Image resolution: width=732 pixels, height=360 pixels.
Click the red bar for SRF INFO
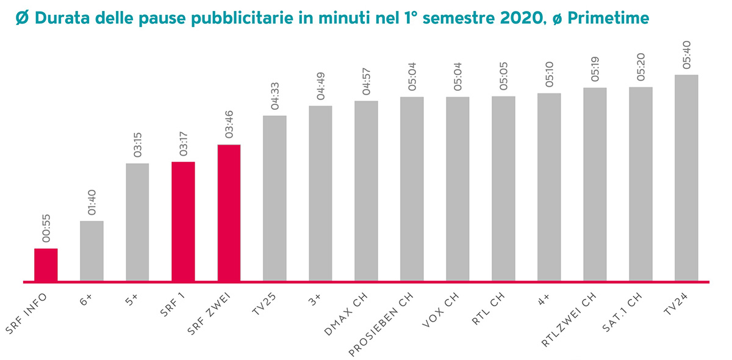click(x=46, y=265)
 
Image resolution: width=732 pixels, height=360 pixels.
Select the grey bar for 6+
click(x=91, y=251)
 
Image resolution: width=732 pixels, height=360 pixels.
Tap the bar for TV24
click(x=686, y=178)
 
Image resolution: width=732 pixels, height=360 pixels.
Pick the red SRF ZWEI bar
click(x=229, y=213)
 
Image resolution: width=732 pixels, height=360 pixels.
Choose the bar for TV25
click(x=274, y=198)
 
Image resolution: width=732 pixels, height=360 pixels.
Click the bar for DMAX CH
click(x=366, y=191)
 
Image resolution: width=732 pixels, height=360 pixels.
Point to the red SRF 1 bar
click(x=183, y=221)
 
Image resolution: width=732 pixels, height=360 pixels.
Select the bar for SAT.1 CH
click(x=640, y=184)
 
